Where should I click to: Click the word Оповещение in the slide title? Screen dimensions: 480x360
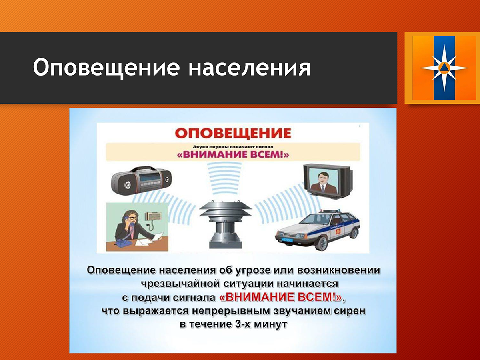106,68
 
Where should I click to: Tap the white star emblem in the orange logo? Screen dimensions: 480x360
444,68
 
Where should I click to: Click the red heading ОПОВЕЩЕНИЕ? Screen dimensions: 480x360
233,133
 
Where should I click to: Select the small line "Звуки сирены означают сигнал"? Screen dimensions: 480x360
233,147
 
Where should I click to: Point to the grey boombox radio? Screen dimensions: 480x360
141,180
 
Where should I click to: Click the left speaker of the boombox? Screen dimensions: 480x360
127,185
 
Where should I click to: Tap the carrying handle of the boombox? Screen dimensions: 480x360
143,168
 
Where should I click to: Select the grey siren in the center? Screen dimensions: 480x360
226,224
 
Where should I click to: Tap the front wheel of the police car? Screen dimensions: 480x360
321,243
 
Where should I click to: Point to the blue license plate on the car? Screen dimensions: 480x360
287,240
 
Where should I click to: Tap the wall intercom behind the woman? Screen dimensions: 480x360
153,216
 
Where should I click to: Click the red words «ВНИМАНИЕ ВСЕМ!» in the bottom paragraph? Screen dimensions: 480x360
280,297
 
